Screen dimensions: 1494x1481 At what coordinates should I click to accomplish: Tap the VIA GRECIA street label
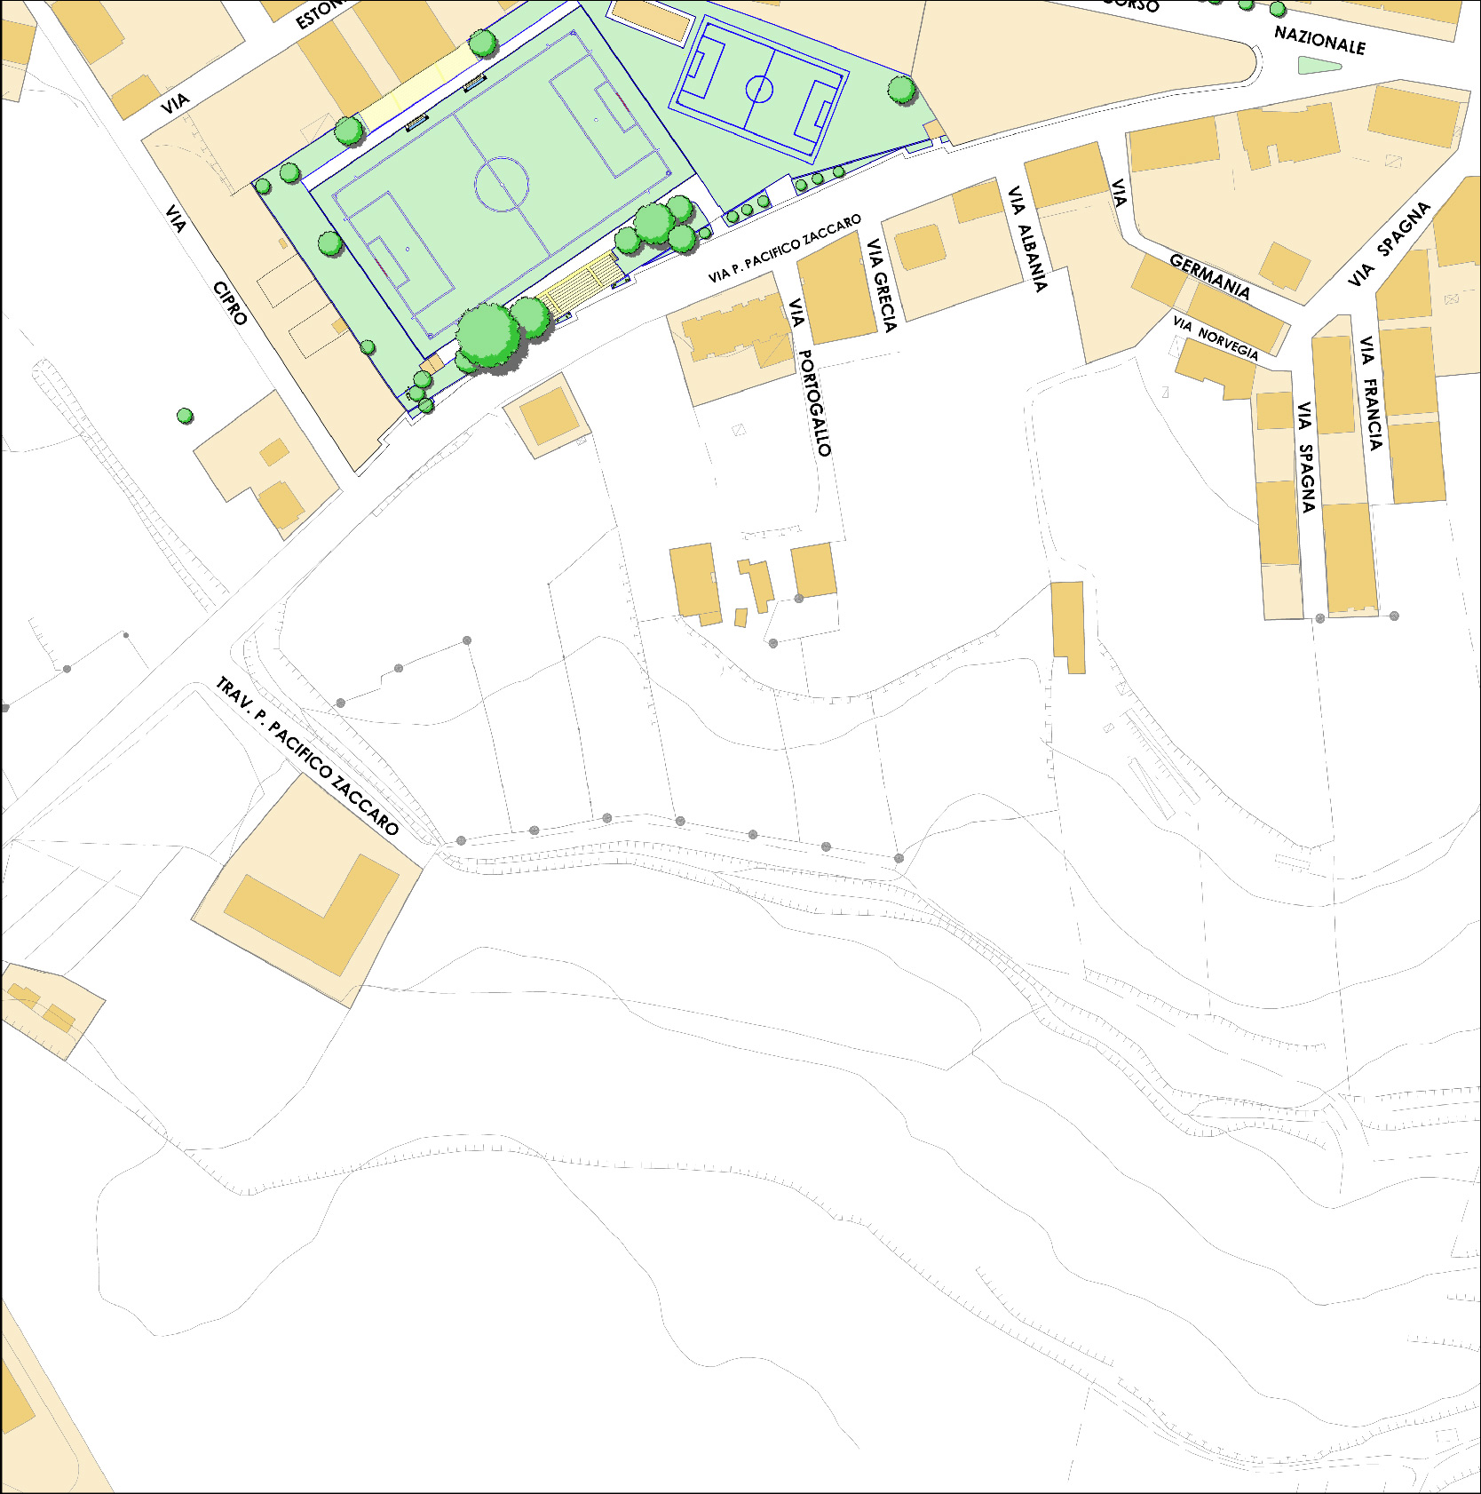tap(883, 284)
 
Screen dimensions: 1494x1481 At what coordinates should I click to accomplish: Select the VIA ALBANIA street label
tap(1027, 238)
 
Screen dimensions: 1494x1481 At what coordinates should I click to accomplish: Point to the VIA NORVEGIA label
tap(1215, 338)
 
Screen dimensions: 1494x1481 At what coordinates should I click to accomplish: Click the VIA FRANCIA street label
tap(1370, 393)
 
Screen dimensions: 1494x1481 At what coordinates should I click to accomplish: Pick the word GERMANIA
tap(1209, 275)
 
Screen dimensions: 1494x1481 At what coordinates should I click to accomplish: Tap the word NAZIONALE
tap(1319, 40)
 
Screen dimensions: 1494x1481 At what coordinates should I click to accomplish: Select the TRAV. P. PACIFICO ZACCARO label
tap(307, 756)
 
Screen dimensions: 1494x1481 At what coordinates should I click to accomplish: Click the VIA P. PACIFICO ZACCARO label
tap(784, 249)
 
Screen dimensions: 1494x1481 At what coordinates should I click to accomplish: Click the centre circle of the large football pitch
tap(502, 185)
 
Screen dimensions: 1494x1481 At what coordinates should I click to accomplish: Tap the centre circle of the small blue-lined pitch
tap(759, 89)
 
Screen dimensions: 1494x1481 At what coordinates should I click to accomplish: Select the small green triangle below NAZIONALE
tap(1319, 65)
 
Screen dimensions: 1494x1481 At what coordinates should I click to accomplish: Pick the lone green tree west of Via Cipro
tap(185, 415)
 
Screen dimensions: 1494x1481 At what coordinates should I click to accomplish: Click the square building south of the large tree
tap(548, 416)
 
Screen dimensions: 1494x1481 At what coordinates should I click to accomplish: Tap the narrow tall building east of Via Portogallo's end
tap(1068, 625)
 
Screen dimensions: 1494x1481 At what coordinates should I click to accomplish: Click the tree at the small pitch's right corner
tap(901, 89)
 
